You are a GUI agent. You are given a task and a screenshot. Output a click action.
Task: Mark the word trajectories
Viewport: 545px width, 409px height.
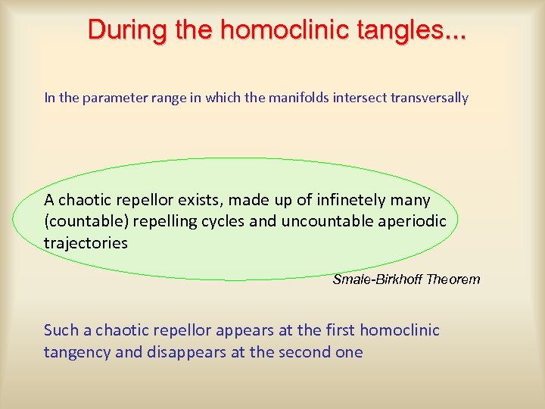[86, 243]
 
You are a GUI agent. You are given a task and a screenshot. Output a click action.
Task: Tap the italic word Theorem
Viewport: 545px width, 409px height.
[453, 279]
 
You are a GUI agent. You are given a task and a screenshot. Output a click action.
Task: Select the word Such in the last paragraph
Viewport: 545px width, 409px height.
[61, 330]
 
